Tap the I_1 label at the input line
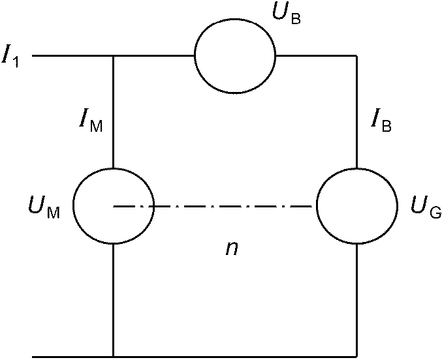click(10, 58)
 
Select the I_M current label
click(91, 123)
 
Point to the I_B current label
click(381, 123)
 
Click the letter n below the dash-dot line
click(232, 248)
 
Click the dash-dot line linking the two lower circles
click(212, 207)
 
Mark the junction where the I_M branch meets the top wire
click(114, 56)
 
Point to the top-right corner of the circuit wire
click(357, 56)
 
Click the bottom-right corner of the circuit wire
click(357, 357)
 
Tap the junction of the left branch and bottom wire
click(114, 357)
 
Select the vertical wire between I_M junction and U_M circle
click(114, 112)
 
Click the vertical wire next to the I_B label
click(357, 112)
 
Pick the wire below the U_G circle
click(357, 300)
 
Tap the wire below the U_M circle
click(114, 300)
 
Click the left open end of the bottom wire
click(33, 357)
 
